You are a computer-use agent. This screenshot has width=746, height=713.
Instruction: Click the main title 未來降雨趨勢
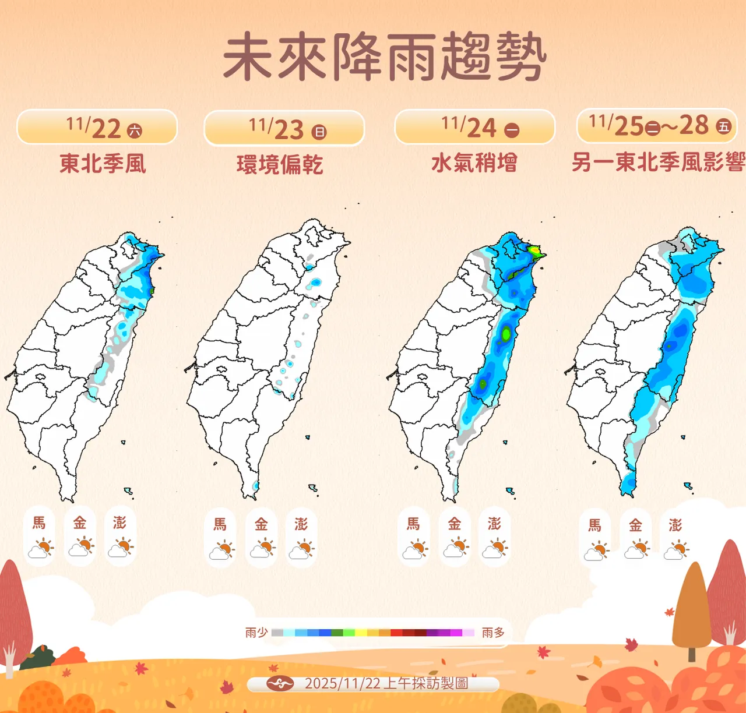point(385,57)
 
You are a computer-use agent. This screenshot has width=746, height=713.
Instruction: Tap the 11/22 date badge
point(97,127)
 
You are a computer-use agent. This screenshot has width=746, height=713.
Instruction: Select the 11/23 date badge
point(284,128)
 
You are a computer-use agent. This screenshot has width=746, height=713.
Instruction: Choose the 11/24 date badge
point(475,127)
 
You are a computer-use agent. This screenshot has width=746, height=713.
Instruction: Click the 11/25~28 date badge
point(657,125)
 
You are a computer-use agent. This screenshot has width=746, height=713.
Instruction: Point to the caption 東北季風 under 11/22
point(103,164)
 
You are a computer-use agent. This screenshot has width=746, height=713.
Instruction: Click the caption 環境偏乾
point(280,165)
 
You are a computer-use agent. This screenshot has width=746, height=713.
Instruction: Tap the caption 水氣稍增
point(474,163)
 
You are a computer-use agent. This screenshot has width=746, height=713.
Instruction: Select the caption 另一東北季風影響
point(658,163)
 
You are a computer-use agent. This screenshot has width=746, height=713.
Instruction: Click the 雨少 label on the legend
point(256,633)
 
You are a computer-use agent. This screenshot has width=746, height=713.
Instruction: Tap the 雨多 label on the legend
point(493,633)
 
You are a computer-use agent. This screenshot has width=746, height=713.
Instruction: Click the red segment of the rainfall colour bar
point(396,633)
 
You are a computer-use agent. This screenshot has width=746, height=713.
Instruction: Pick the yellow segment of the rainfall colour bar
point(361,633)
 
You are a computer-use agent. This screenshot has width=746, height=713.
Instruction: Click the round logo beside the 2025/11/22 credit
point(280,683)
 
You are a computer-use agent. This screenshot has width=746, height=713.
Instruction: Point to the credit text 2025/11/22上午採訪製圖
point(386,683)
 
